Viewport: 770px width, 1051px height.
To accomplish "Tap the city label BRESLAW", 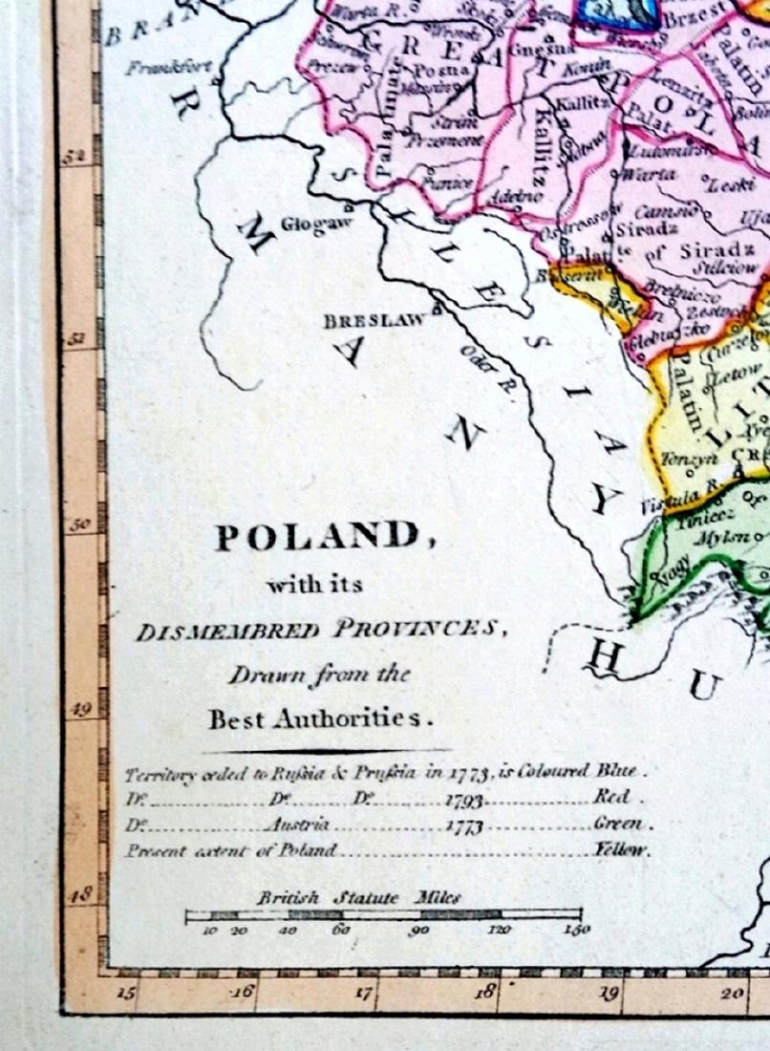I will (x=374, y=321).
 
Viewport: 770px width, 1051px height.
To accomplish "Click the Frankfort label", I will (x=171, y=68).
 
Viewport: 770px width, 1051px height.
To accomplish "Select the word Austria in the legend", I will (x=299, y=825).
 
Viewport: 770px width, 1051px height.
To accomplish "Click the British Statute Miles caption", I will (x=358, y=898).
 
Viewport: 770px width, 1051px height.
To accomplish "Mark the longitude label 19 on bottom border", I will (x=607, y=993).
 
